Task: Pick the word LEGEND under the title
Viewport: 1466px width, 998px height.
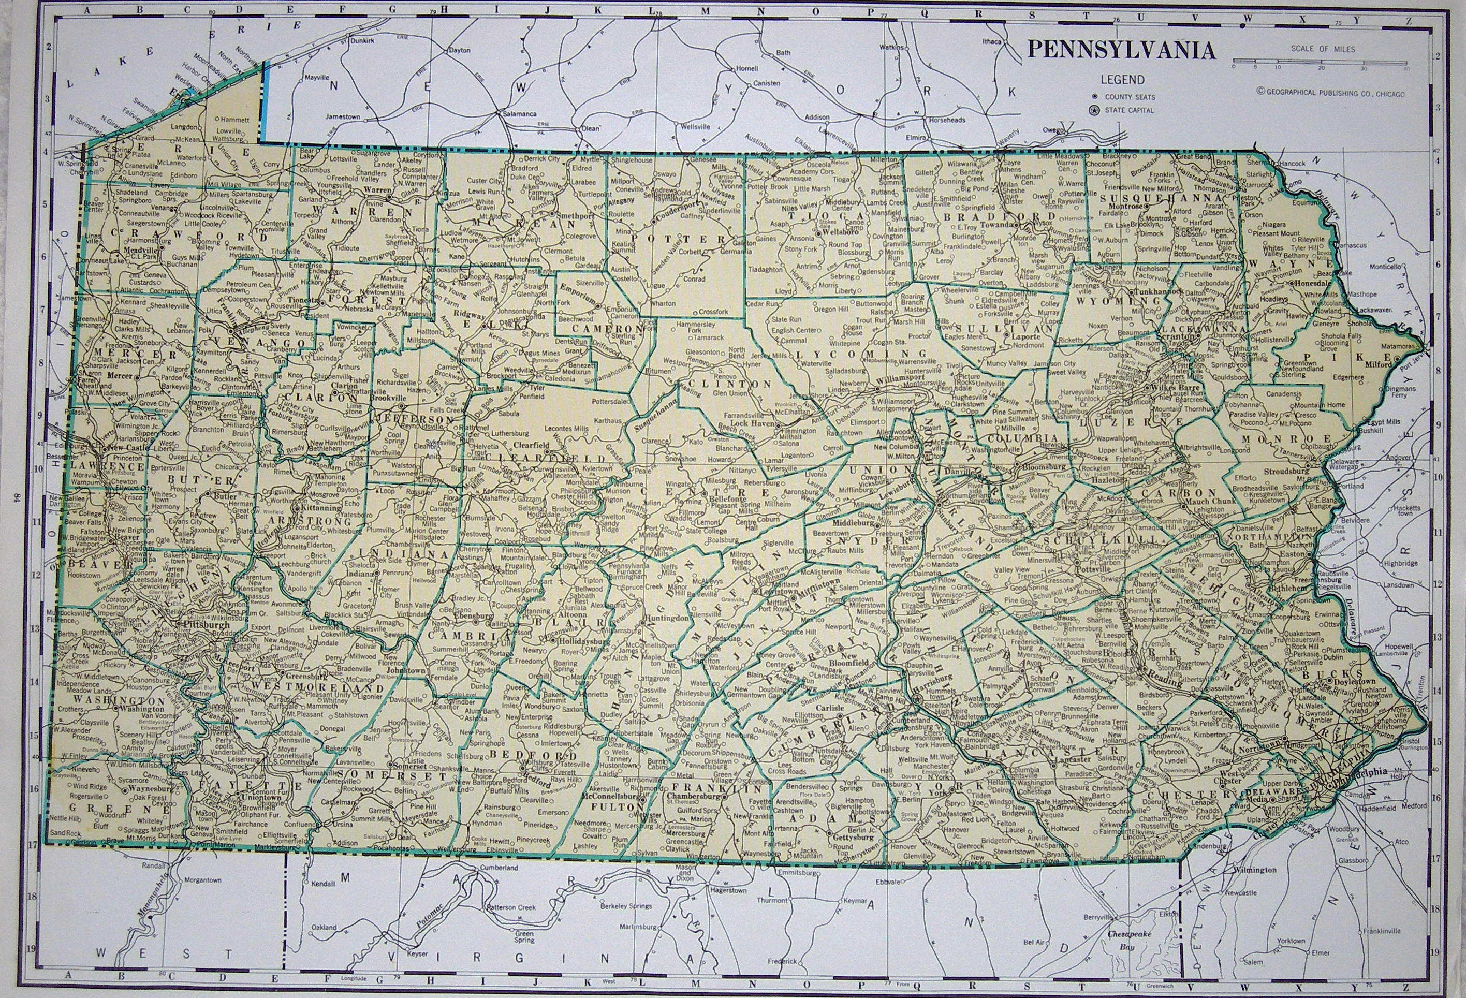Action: tap(1123, 80)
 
